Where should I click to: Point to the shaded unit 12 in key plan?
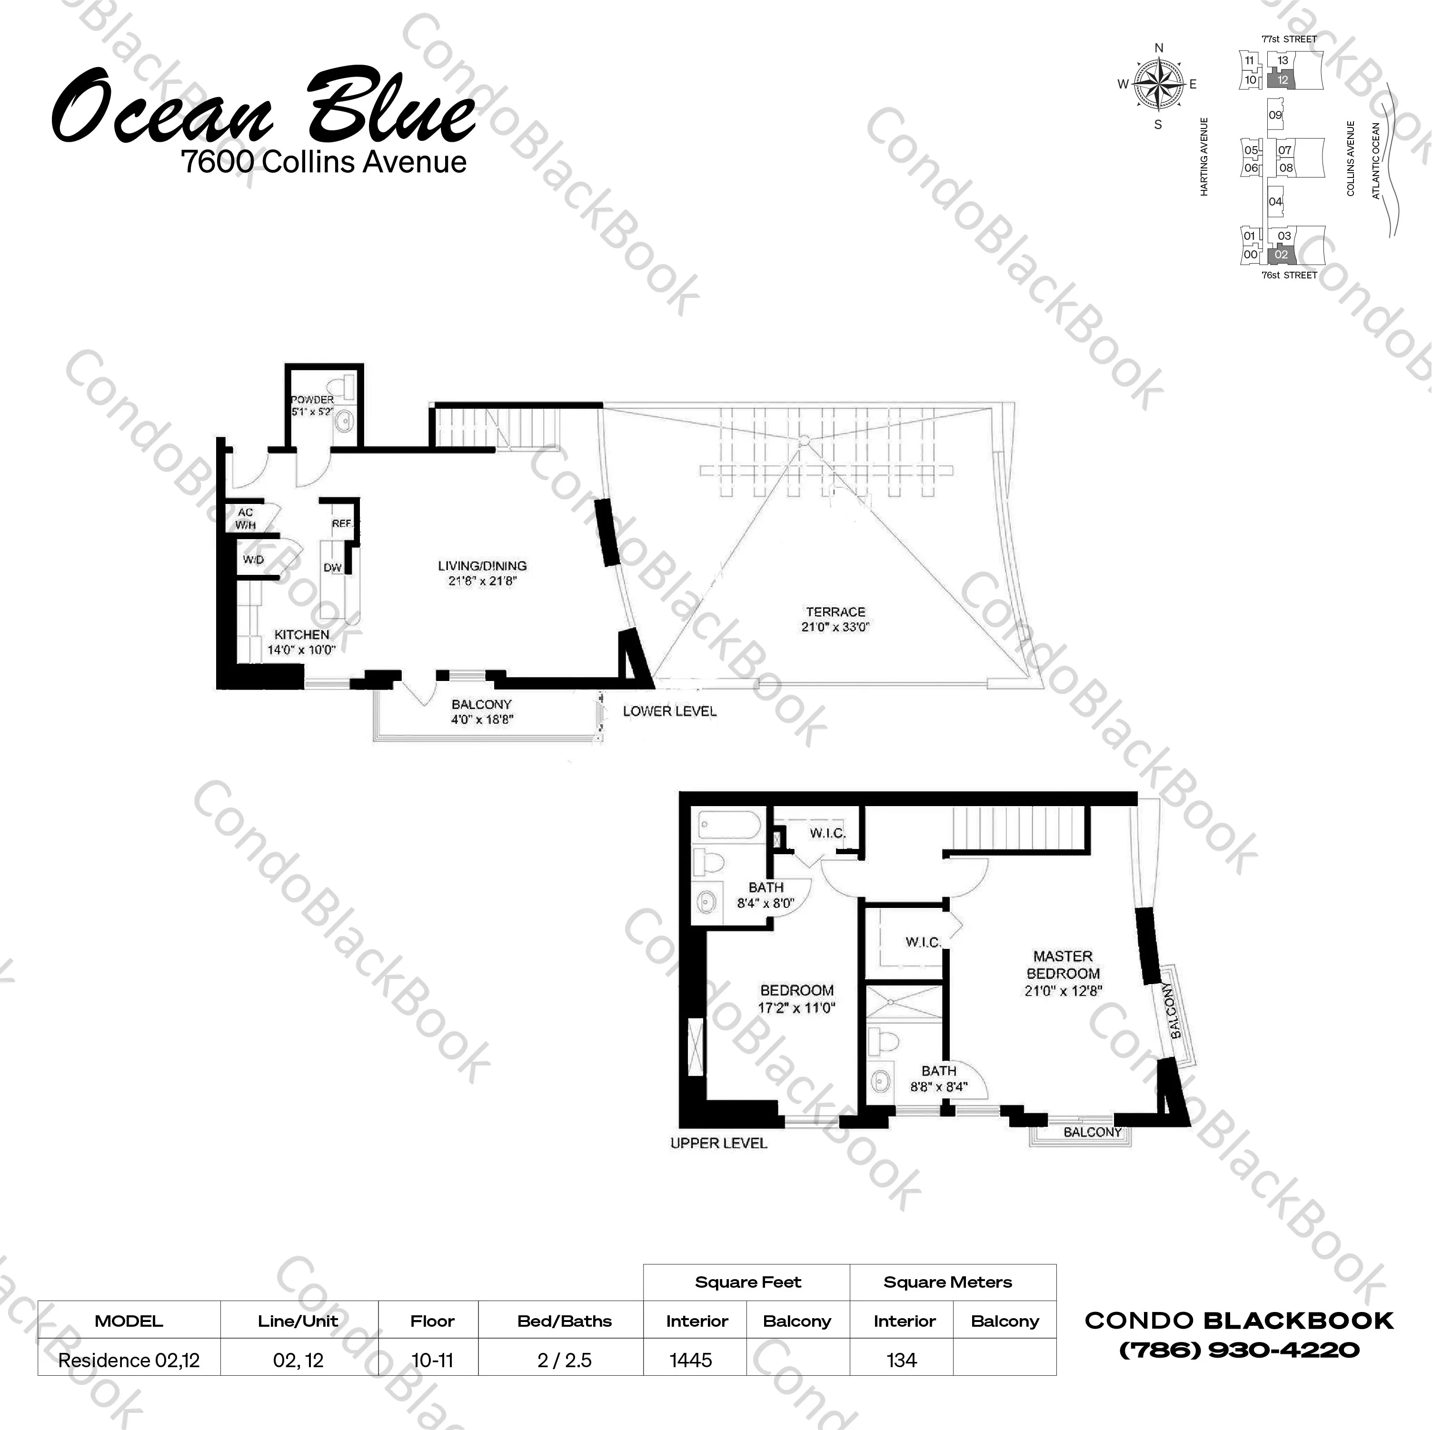coord(1282,80)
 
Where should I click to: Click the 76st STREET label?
coord(1289,276)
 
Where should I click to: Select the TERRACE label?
coord(835,612)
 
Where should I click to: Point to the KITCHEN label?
coord(302,635)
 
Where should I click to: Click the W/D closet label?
coord(253,560)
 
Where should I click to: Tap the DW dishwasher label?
coord(332,568)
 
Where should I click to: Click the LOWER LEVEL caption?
coord(669,711)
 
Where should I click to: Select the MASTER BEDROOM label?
coord(1063,965)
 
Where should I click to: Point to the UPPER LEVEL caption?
coord(718,1143)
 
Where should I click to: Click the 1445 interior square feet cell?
coord(690,1361)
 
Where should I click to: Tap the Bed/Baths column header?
coord(564,1321)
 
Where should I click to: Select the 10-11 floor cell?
coord(432,1361)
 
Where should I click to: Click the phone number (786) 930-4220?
coord(1239,1350)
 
